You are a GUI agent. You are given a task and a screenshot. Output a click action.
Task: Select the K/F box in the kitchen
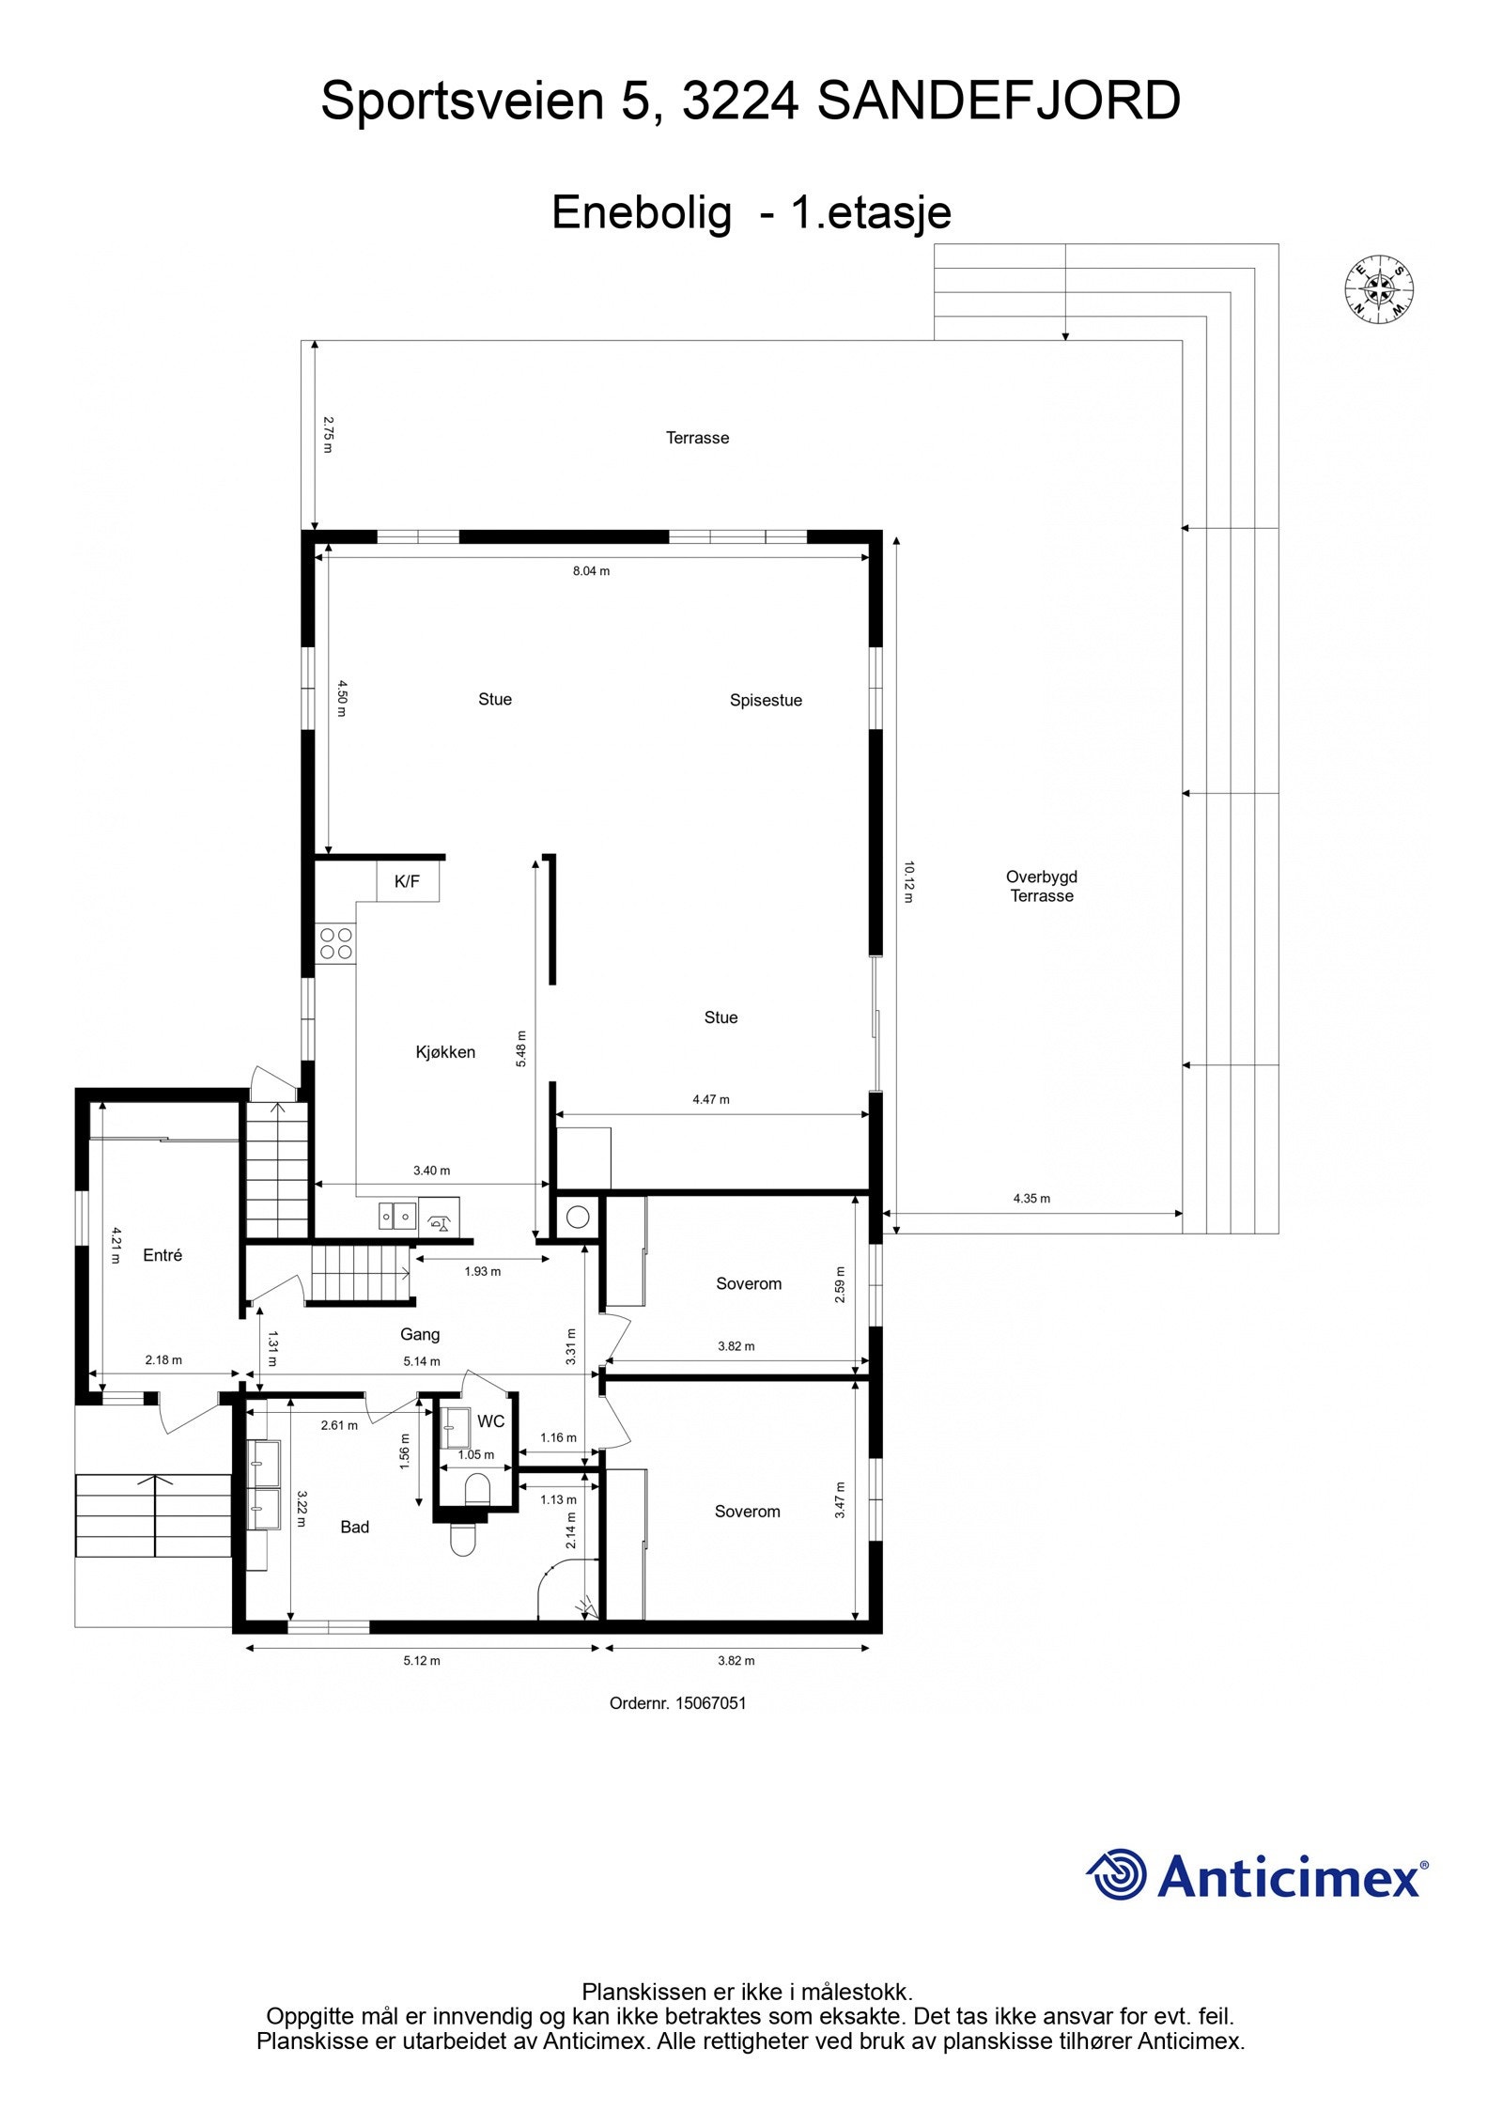point(407,881)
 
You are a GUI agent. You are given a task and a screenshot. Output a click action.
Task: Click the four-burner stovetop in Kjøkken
point(335,943)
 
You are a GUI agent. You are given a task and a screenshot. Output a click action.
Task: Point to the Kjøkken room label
point(445,1052)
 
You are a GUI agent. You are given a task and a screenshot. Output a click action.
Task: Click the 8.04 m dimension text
point(591,571)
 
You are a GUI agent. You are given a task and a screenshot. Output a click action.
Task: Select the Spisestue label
point(766,700)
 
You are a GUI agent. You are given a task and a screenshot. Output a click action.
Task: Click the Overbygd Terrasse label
point(1041,886)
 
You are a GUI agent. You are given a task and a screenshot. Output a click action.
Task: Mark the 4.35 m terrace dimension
point(1031,1199)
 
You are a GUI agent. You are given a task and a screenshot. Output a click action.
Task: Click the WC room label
point(490,1421)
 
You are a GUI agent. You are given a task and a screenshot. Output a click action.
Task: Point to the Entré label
point(163,1255)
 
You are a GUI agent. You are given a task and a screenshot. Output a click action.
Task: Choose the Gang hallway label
point(420,1334)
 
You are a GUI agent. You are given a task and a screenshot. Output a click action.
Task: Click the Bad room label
point(354,1528)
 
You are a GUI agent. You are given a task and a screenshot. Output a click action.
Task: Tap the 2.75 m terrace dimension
point(328,435)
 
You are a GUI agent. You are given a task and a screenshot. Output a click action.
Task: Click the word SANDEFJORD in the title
point(999,101)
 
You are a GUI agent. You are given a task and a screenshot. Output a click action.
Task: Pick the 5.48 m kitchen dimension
point(521,1048)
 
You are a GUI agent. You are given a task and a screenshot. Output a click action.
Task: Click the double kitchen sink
point(397,1216)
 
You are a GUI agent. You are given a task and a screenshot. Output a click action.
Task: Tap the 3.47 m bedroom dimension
point(840,1500)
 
